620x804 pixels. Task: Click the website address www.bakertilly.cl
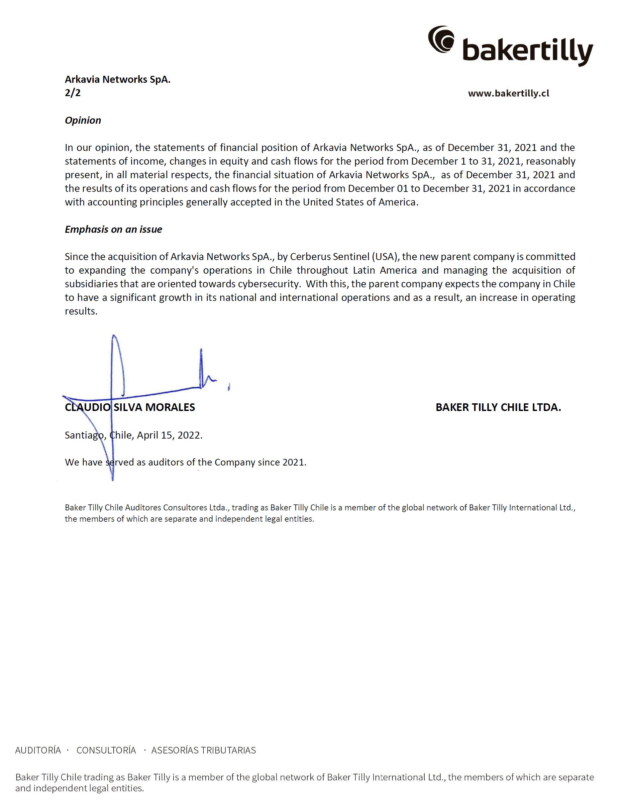(508, 93)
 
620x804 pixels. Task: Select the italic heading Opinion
(83, 120)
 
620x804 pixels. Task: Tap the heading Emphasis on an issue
(113, 229)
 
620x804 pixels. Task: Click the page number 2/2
(72, 93)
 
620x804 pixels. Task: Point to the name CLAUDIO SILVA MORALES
(130, 407)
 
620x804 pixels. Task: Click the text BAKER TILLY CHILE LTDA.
(498, 407)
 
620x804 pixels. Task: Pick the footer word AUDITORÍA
(38, 750)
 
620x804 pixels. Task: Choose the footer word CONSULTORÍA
(106, 750)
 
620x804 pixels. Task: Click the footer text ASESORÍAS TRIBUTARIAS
(203, 750)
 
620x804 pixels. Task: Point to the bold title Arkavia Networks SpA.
(118, 79)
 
